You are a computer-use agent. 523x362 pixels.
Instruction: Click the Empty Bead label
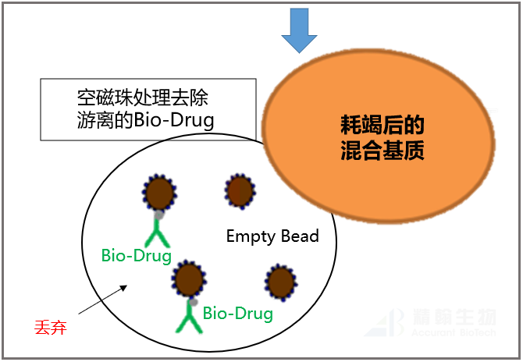[272, 236]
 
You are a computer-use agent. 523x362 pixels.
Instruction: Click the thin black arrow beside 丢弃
[101, 300]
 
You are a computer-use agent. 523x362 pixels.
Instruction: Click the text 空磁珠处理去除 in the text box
[142, 98]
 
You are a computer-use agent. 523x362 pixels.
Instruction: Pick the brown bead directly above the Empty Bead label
[239, 190]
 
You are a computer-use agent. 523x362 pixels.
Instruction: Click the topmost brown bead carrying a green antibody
[159, 192]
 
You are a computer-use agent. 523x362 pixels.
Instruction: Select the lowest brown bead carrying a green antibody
[188, 278]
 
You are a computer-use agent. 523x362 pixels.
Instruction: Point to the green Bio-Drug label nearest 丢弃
[136, 255]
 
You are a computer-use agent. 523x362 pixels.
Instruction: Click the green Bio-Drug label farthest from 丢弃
[237, 314]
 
